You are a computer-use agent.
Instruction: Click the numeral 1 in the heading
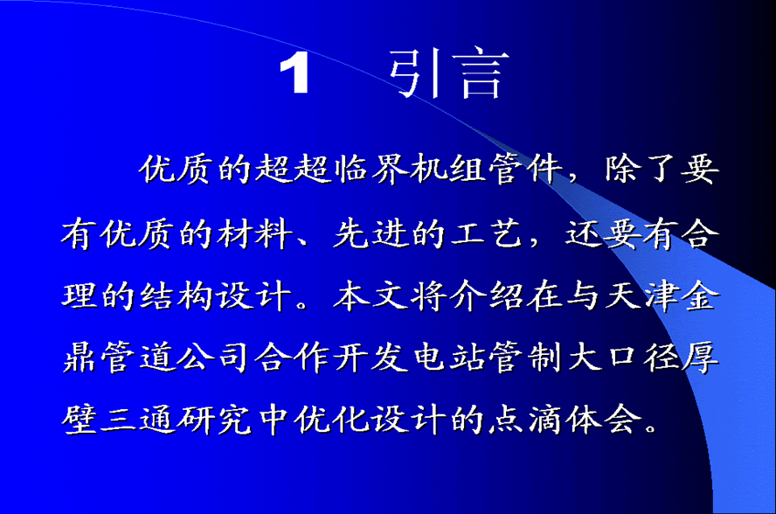pos(294,73)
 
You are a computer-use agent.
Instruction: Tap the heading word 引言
pos(449,73)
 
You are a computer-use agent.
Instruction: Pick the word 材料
pos(255,233)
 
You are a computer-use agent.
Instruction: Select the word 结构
pos(177,296)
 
